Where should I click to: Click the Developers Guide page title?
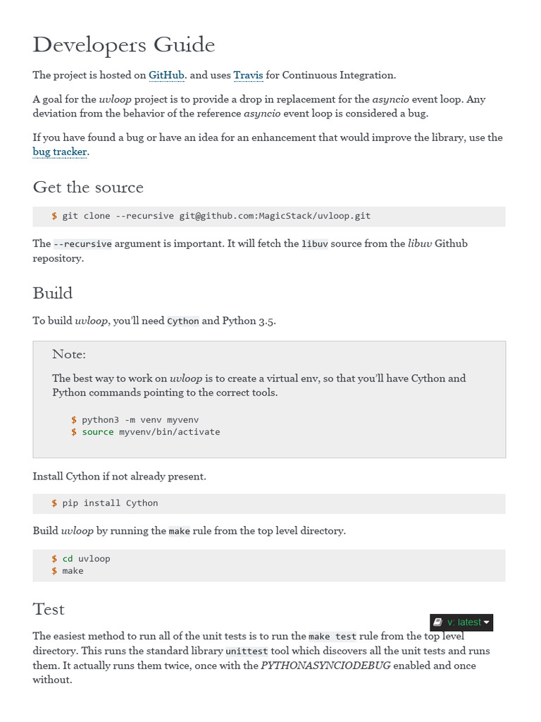click(124, 45)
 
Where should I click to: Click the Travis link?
click(248, 75)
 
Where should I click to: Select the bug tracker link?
click(60, 152)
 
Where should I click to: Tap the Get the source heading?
click(88, 188)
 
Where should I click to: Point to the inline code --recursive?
click(83, 244)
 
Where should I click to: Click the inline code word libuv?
click(314, 244)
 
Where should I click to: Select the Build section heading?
click(53, 293)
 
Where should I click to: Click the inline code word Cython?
click(182, 322)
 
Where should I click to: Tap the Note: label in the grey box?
click(69, 354)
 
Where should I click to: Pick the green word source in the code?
click(97, 432)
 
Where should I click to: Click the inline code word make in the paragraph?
click(179, 531)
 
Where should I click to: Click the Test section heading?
click(49, 609)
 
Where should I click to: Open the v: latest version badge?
click(461, 623)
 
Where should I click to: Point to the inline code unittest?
click(244, 651)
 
